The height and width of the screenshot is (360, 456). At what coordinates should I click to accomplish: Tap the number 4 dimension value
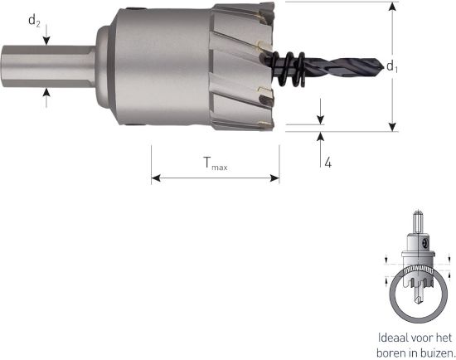[328, 163]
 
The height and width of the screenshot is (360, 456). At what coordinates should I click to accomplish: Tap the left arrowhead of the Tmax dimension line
[155, 178]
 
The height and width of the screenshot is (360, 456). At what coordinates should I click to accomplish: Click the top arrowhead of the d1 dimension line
[391, 7]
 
